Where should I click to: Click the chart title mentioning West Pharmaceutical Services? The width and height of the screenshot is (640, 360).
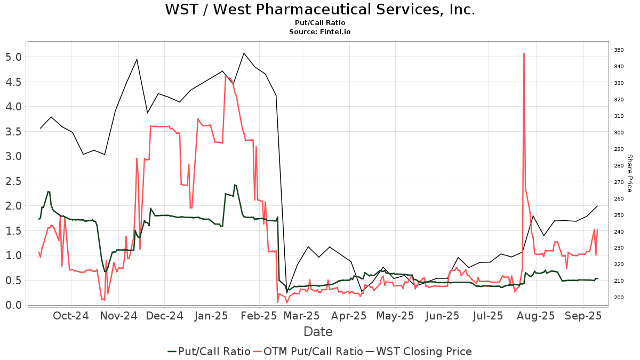coord(319,10)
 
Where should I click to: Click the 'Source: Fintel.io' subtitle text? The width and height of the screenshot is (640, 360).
coord(319,32)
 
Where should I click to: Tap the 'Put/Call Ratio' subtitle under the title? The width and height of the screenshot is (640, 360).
coord(319,23)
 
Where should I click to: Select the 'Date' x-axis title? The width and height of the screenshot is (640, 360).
coord(318,332)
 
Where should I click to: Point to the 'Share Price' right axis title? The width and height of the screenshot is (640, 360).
coord(629,173)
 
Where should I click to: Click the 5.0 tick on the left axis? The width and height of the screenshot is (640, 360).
coord(14,57)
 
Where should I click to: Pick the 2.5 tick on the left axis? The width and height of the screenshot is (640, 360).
coord(14,181)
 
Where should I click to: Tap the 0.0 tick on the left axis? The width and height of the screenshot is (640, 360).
coord(14,305)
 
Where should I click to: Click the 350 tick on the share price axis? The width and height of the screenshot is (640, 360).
coord(619,50)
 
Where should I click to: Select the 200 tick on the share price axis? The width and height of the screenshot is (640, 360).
coord(619,297)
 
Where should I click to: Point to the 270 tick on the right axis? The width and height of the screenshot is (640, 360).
coord(619,182)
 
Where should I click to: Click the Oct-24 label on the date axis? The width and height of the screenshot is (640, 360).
coord(71,316)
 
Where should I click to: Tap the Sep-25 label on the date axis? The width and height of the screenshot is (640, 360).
coord(583,316)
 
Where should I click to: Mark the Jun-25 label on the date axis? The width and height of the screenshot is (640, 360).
coord(442,316)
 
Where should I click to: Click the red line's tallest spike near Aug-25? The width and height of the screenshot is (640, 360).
coord(524,53)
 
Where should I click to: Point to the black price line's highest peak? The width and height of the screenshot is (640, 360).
coord(244,53)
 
